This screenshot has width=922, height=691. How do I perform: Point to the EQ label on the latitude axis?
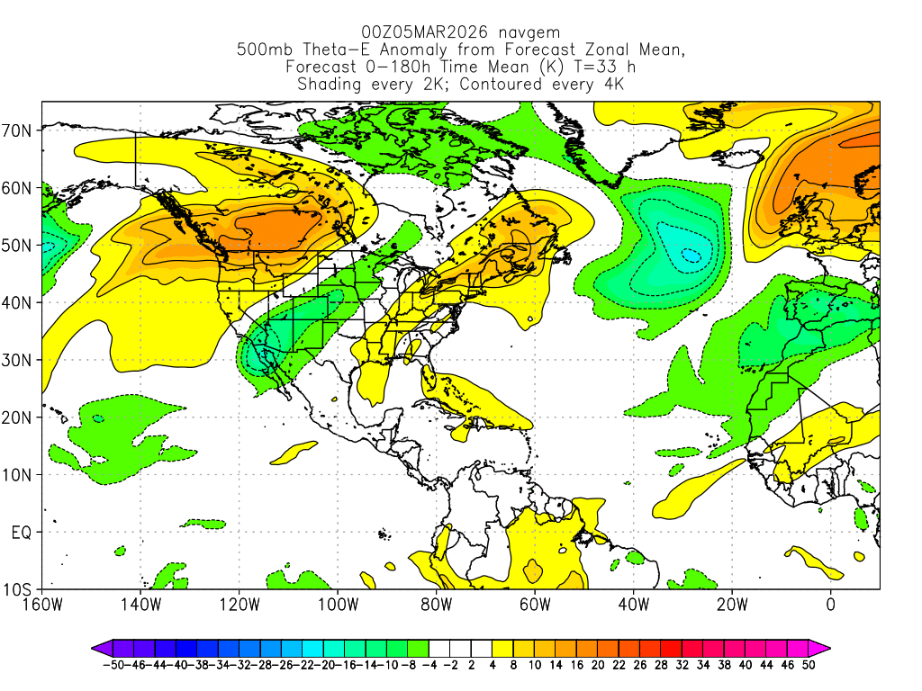coord(22,533)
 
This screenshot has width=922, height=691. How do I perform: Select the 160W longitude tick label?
coord(42,604)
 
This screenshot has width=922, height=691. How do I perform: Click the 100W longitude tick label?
coord(338,604)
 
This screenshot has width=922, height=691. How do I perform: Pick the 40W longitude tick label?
coord(633,604)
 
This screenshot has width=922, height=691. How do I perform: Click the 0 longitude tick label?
coord(830,604)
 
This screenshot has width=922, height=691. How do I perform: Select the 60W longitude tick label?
coord(534,604)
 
